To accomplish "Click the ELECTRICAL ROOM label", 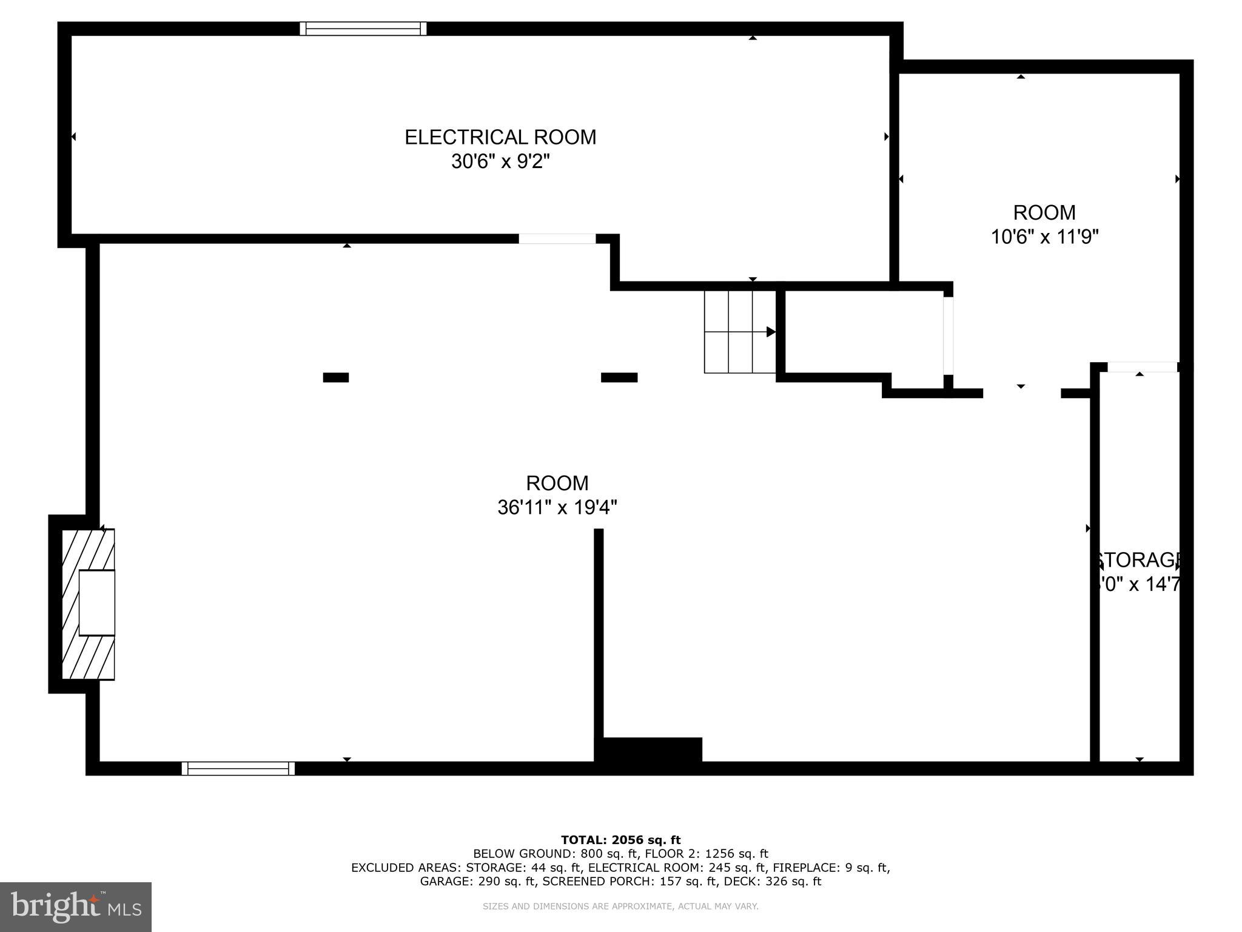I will tap(500, 137).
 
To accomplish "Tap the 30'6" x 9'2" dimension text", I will tap(500, 162).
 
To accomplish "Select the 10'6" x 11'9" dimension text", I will tap(1044, 237).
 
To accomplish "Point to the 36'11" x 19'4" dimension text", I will tap(557, 507).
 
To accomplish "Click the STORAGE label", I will tap(1138, 559).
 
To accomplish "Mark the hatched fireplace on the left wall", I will tap(88, 604).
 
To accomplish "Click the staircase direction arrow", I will tap(770, 332).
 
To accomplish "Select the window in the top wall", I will tap(363, 29).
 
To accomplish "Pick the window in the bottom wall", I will tap(238, 769).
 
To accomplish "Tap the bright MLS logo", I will tap(76, 907).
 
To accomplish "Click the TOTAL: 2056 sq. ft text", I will tap(620, 840).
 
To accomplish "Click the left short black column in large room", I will tap(335, 377).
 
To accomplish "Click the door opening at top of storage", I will tap(1142, 367).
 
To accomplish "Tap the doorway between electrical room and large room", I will tap(557, 238).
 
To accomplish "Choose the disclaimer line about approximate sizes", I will tap(620, 907).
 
